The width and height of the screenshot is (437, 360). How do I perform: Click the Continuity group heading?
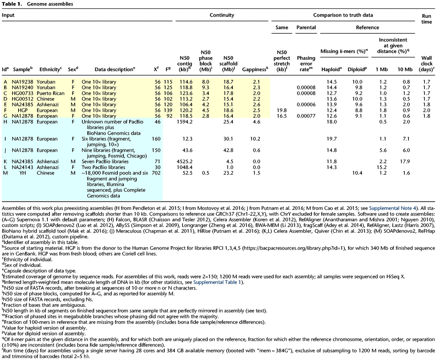[x=222, y=15]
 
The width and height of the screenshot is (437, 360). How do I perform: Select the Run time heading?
[x=427, y=18]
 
